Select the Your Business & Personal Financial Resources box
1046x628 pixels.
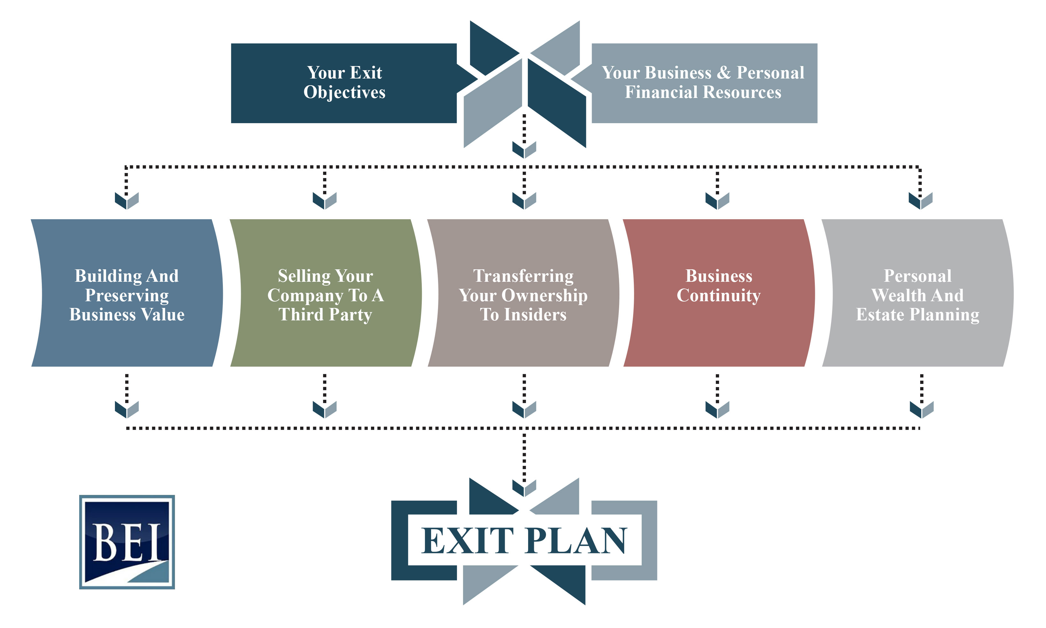(x=703, y=83)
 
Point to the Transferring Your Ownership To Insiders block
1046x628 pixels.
(x=523, y=293)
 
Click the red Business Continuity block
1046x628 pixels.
(x=718, y=293)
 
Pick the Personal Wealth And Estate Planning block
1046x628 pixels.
(x=917, y=293)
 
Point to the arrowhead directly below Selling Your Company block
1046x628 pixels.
(x=325, y=409)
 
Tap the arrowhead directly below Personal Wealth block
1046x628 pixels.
(x=921, y=409)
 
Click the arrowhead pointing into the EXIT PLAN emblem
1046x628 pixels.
(x=524, y=488)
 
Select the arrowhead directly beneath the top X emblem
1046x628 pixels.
(x=524, y=149)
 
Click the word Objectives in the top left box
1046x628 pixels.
(x=344, y=92)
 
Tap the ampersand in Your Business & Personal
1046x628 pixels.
(x=724, y=72)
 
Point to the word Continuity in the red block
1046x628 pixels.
(x=718, y=295)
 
